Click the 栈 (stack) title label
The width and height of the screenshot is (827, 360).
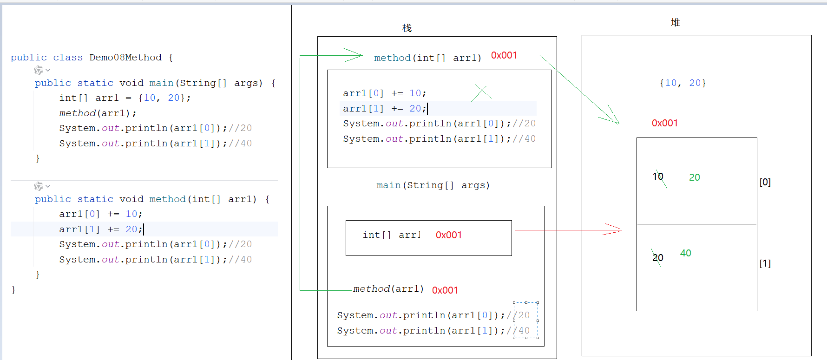tap(407, 28)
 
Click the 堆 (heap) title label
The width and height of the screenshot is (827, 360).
tap(676, 22)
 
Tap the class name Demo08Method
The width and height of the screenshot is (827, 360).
tap(125, 58)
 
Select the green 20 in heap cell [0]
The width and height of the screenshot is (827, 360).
tap(695, 177)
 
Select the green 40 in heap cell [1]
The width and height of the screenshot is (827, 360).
tap(686, 253)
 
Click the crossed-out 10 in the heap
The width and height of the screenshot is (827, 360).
tap(658, 177)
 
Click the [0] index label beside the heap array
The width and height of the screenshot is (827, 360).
tap(765, 182)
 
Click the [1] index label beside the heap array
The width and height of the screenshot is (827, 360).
tap(765, 263)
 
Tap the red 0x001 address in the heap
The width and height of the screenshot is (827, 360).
tap(665, 123)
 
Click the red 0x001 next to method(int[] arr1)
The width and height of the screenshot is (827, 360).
tap(504, 55)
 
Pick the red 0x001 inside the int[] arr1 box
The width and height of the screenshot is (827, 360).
tap(449, 235)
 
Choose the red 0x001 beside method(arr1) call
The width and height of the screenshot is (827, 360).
tap(445, 290)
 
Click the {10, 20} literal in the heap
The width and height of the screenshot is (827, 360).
tap(683, 83)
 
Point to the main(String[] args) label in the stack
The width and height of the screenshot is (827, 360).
tap(433, 185)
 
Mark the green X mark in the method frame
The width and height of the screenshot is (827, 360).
tap(481, 93)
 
